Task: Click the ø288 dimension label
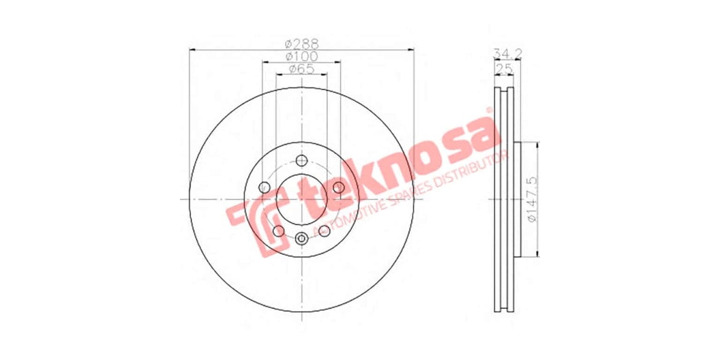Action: [x=301, y=44]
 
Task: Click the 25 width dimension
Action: [x=504, y=69]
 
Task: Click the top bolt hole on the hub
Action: [x=301, y=160]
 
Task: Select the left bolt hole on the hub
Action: [x=264, y=188]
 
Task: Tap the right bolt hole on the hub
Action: [x=338, y=188]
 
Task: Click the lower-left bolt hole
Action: [x=278, y=231]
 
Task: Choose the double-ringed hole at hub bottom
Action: [x=301, y=238]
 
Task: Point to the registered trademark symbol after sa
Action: [x=489, y=110]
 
